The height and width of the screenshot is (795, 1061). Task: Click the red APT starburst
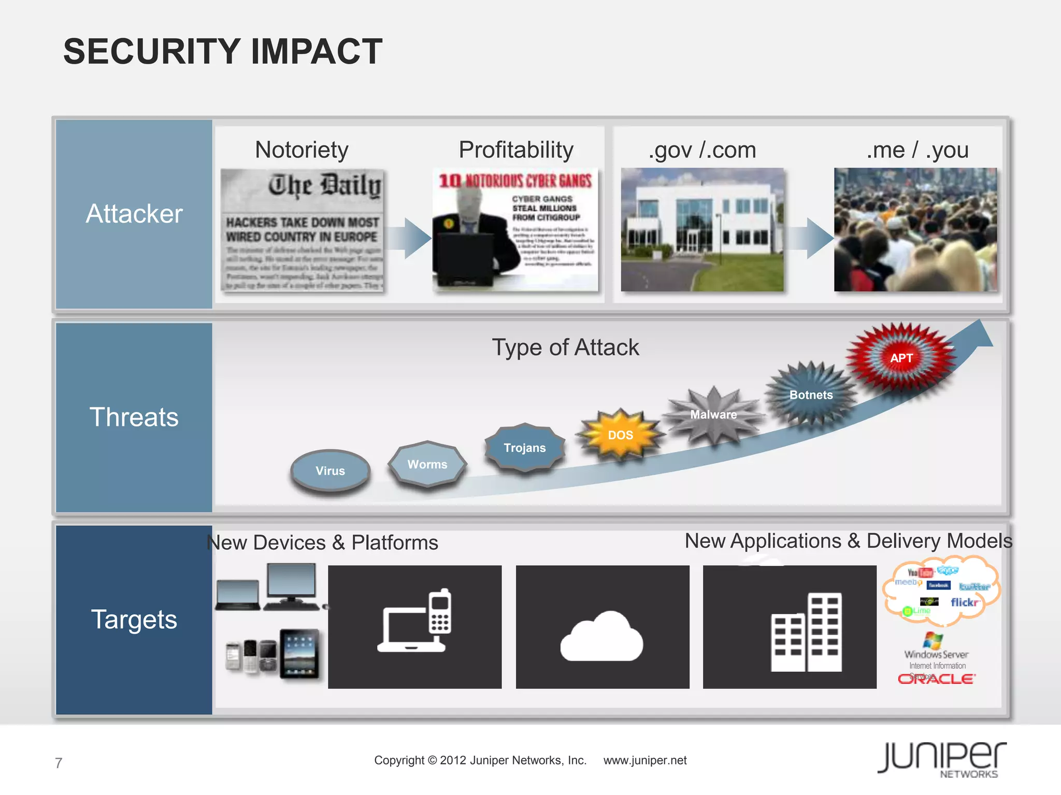[901, 358]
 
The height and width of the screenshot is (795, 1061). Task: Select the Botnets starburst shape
[811, 395]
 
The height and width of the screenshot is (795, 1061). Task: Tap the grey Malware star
[714, 415]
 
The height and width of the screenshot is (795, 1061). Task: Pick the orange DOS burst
[621, 435]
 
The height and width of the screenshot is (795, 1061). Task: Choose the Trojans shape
[525, 448]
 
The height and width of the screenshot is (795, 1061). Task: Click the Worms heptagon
[427, 464]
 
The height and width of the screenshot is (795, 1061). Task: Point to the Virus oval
[331, 470]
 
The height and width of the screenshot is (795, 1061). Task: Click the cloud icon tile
[603, 627]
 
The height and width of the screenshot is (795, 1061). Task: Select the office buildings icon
[790, 627]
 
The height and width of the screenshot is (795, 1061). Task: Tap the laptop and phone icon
[414, 627]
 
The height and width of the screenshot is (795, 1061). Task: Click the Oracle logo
[937, 679]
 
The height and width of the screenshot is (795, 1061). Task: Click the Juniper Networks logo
[942, 759]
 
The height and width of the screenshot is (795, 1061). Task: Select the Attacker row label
[134, 214]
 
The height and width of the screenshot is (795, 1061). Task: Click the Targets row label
[134, 620]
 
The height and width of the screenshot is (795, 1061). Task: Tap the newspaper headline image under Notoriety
[303, 230]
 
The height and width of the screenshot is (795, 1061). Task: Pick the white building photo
[702, 229]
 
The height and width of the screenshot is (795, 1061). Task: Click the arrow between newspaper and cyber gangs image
[410, 238]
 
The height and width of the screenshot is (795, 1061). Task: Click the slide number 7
[59, 763]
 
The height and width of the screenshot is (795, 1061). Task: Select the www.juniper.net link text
[645, 760]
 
